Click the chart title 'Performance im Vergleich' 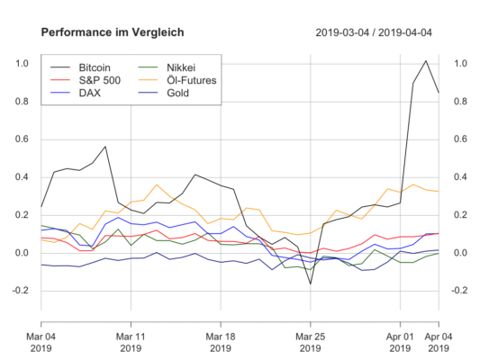[x=113, y=32]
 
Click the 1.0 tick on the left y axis [x=22, y=64]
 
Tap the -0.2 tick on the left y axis [x=20, y=291]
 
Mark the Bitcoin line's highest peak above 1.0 [x=426, y=61]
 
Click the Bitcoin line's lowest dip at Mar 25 [x=311, y=284]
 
